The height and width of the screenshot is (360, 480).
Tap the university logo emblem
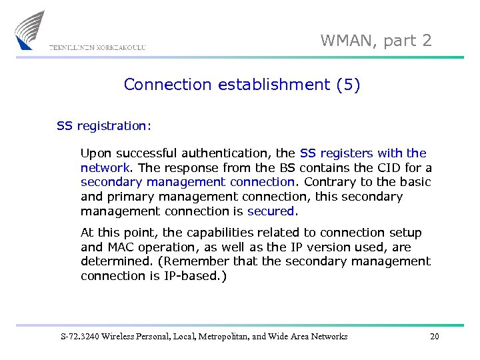click(31, 30)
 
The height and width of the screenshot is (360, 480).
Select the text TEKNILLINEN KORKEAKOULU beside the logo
click(97, 47)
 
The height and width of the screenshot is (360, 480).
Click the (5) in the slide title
click(348, 85)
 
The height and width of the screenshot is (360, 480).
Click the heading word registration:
click(114, 125)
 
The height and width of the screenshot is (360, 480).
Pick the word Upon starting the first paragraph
click(96, 153)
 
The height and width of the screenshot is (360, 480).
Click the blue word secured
click(271, 211)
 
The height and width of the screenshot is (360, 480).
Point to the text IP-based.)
click(195, 276)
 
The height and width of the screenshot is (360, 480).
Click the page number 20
click(435, 337)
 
